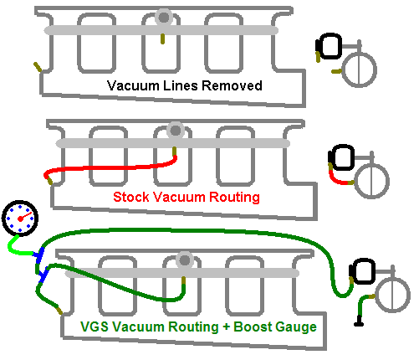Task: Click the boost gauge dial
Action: click(x=20, y=219)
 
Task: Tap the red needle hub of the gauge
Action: click(x=20, y=219)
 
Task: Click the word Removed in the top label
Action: click(x=232, y=85)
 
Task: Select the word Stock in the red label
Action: click(x=131, y=197)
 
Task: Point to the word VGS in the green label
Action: click(x=95, y=327)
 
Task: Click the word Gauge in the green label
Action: click(x=296, y=327)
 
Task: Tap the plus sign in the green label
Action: click(x=226, y=327)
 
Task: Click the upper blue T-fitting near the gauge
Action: click(x=39, y=255)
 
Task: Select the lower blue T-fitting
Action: click(x=43, y=275)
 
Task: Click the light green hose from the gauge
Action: click(x=18, y=249)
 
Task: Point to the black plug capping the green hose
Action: click(x=359, y=321)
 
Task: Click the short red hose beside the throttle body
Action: click(x=337, y=179)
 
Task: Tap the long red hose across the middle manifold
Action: click(x=111, y=167)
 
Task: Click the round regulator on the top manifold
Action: click(x=164, y=18)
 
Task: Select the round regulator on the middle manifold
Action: click(x=176, y=131)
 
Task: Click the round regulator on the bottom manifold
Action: click(x=185, y=260)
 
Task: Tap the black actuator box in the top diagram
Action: click(x=329, y=46)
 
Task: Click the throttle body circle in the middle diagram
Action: click(x=372, y=181)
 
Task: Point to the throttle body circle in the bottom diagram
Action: click(x=393, y=295)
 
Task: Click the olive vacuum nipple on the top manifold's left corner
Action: click(x=38, y=67)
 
